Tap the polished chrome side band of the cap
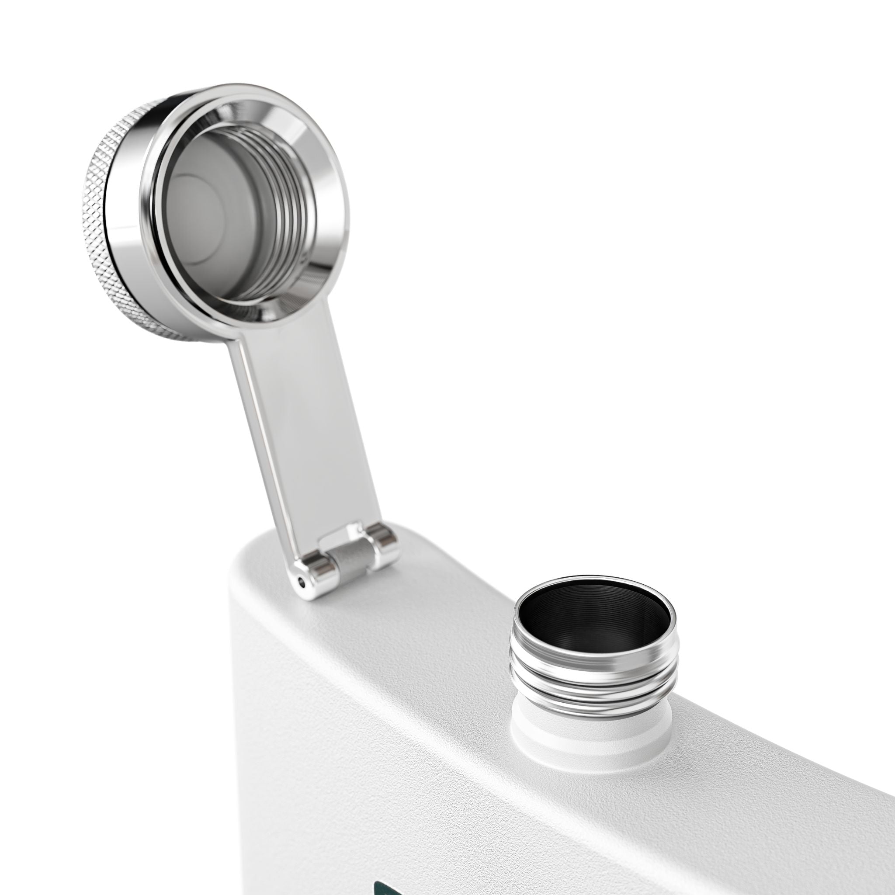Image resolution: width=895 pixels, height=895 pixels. point(128,241)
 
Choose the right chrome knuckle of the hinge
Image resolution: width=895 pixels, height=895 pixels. point(385,545)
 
